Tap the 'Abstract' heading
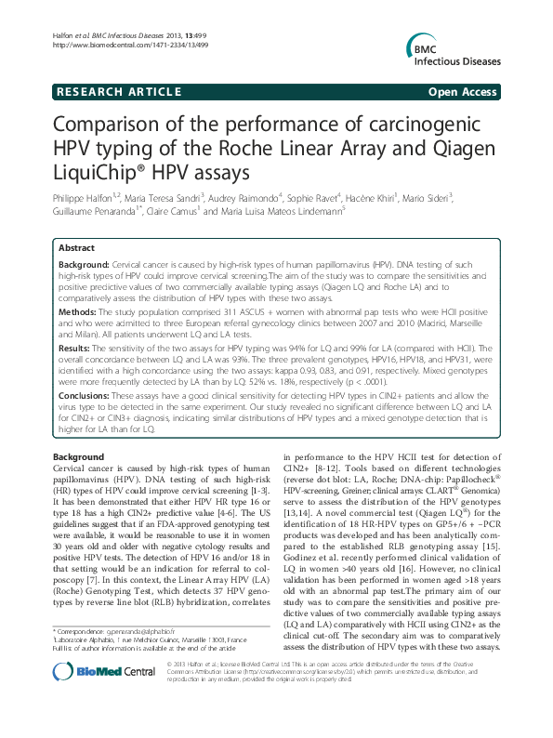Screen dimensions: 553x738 point(76,248)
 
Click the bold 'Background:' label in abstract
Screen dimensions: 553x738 point(86,266)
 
